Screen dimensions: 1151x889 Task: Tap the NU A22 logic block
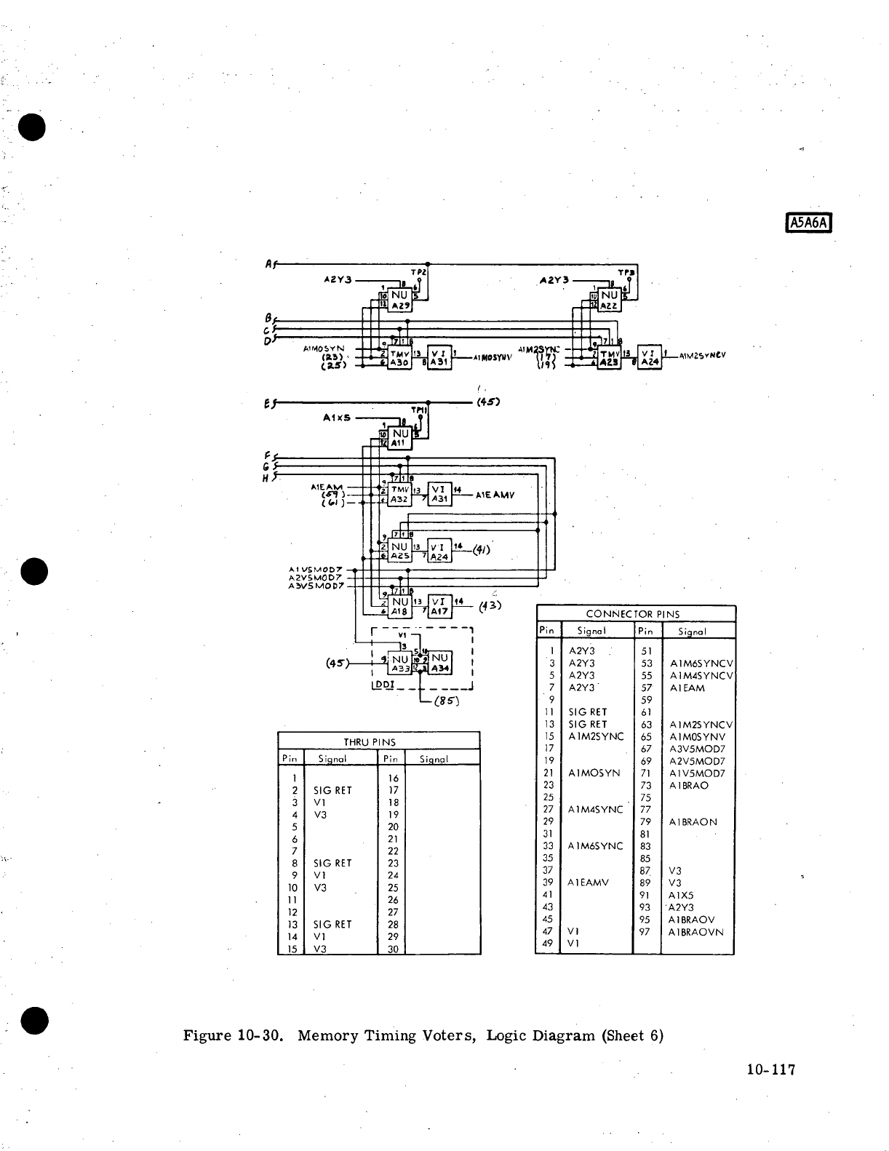609,300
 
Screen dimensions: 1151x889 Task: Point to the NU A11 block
400,438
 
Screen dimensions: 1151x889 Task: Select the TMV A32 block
399,494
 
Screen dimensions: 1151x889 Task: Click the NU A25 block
399,551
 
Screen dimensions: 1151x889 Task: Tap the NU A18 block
399,607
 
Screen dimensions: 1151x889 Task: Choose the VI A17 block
439,607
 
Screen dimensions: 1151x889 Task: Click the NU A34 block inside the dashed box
440,663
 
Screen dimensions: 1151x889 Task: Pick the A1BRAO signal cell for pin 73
688,786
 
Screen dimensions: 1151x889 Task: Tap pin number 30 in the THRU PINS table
392,949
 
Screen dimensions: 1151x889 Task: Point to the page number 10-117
771,1070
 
